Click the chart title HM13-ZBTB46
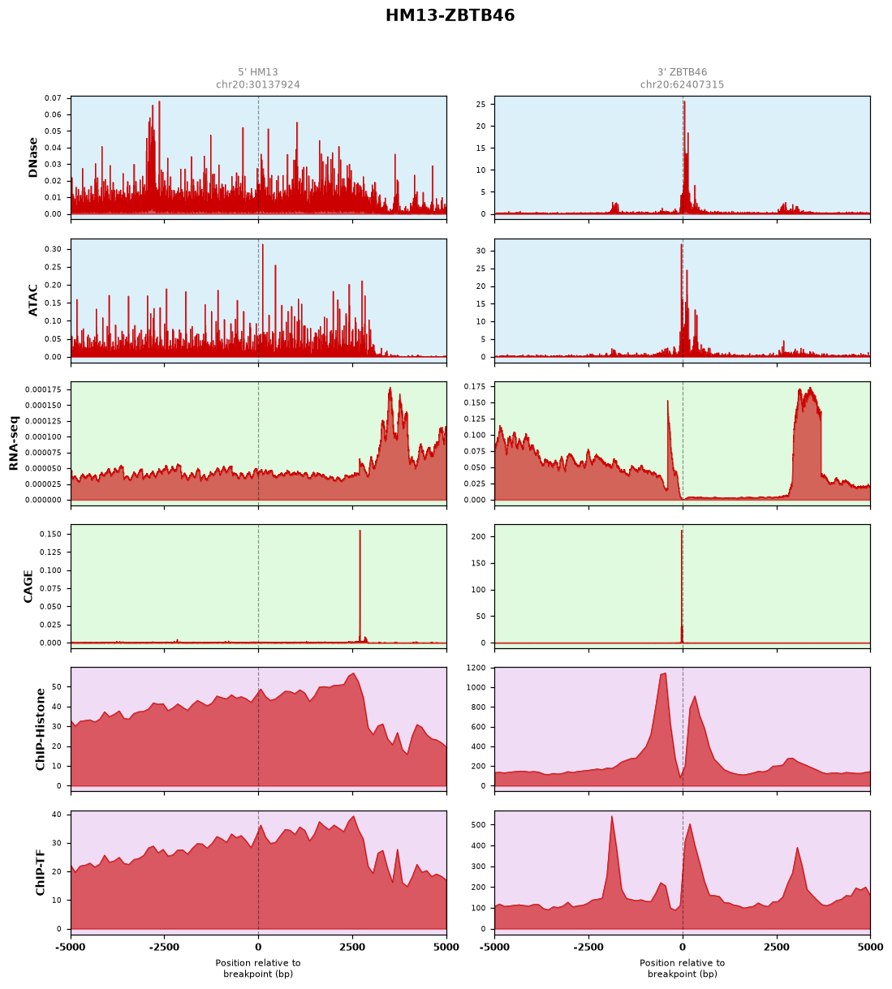point(450,15)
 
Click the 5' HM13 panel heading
point(257,72)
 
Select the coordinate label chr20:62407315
point(682,84)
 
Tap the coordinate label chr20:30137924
point(257,84)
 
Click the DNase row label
point(33,157)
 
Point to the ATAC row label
point(33,299)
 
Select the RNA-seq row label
point(14,443)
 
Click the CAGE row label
point(28,587)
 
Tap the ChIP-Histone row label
point(40,729)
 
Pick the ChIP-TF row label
point(40,872)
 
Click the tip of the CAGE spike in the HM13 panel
point(360,531)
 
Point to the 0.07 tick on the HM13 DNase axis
point(53,98)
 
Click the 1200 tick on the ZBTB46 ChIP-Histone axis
point(476,668)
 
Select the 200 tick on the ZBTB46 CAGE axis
point(479,536)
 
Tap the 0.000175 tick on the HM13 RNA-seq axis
point(43,389)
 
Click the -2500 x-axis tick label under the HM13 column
point(164,947)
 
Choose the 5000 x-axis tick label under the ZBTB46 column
point(870,947)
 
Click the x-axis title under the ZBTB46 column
point(682,968)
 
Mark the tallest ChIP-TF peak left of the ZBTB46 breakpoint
point(611,816)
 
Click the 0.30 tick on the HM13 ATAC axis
point(53,249)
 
